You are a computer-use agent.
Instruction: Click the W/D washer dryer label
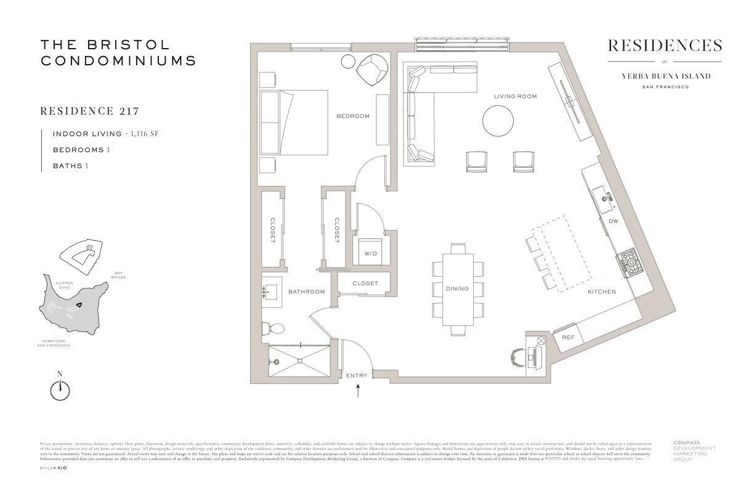coord(370,253)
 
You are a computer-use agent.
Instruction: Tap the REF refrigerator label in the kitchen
coord(568,337)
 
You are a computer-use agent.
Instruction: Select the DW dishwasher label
coord(613,221)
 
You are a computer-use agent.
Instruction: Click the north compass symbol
coord(60,389)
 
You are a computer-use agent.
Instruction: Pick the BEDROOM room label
coord(352,116)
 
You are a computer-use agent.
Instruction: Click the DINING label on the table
coord(457,288)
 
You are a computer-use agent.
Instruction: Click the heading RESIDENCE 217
coord(89,112)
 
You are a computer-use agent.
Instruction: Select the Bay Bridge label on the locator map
coord(119,275)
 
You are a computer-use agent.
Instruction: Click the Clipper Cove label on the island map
coord(65,285)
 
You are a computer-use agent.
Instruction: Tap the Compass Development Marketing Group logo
coord(694,451)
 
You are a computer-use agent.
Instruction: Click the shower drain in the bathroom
coord(300,360)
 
